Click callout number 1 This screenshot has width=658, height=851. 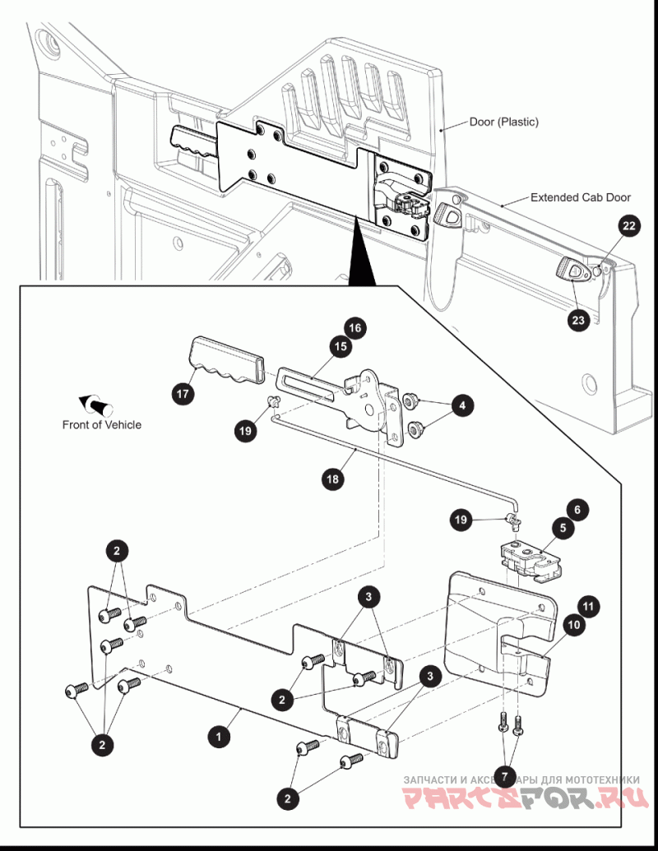(219, 737)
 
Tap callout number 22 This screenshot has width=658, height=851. (628, 226)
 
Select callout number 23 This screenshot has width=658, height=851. (578, 320)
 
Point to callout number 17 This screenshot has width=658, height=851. (183, 393)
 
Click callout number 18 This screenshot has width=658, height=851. (333, 479)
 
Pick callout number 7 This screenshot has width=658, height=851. (504, 776)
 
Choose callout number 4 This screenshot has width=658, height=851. (462, 405)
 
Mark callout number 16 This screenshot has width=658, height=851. (354, 328)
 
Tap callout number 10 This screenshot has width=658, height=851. (574, 625)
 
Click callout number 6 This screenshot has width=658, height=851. (577, 510)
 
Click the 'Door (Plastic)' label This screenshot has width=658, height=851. (504, 122)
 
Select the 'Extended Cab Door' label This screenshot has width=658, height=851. (581, 197)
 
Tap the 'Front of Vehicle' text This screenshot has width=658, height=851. (101, 425)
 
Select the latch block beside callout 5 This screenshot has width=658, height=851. (531, 561)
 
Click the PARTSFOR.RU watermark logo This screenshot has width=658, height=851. (526, 797)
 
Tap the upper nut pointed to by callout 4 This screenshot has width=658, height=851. (410, 401)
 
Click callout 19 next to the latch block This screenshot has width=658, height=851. (461, 520)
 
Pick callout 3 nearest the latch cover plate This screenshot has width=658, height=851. (430, 676)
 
